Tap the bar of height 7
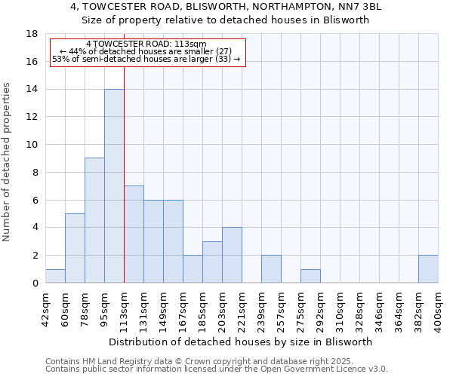(x=134, y=234)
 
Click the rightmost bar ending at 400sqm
(x=428, y=269)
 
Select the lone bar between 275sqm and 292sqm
(x=310, y=276)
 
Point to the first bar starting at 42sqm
(x=55, y=276)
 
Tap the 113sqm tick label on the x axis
(x=124, y=308)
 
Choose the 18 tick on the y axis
(x=32, y=34)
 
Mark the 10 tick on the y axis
(x=32, y=145)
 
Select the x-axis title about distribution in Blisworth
(x=242, y=342)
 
